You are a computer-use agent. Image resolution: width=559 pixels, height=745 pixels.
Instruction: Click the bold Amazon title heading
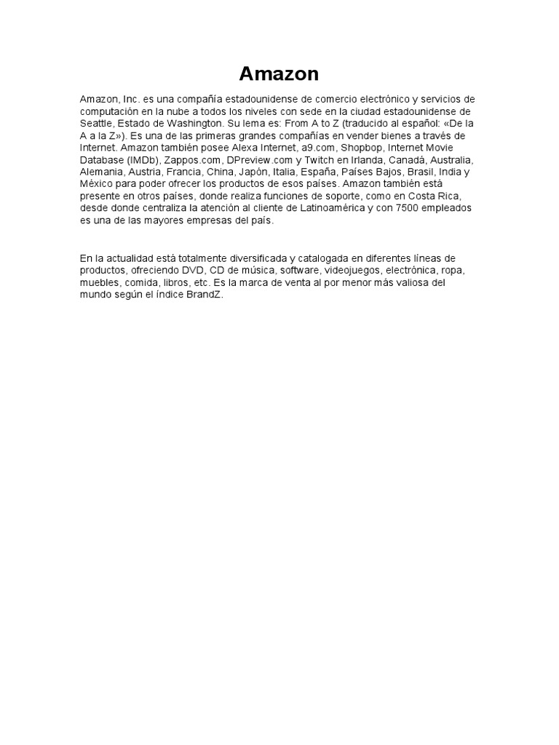[279, 74]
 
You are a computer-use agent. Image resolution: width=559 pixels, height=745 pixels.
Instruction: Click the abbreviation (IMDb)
[143, 160]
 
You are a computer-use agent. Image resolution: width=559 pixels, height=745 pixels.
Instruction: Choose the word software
[300, 271]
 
